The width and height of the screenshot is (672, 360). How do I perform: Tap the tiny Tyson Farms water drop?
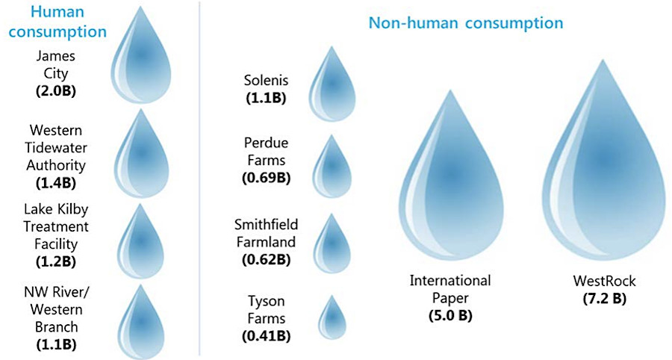332,319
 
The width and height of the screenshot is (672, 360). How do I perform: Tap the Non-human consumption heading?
465,23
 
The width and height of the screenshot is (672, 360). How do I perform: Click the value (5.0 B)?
450,315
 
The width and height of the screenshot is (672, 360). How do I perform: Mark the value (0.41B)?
267,335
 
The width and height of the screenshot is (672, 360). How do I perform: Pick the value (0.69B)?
267,177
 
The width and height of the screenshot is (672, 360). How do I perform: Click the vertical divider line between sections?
199,179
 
